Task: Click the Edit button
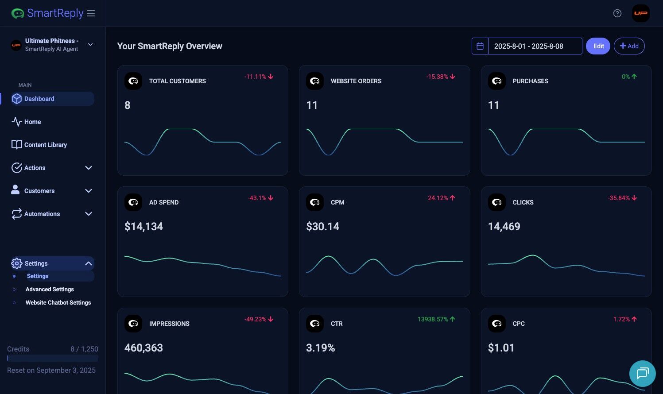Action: [x=598, y=46]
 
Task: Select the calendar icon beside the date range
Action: [x=480, y=46]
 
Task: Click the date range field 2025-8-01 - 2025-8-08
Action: [x=535, y=46]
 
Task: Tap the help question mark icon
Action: [x=617, y=13]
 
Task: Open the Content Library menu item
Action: [x=45, y=145]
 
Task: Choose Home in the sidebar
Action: [x=32, y=122]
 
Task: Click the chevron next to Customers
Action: [x=89, y=191]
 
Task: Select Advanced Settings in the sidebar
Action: [x=50, y=290]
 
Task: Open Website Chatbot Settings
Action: [x=58, y=303]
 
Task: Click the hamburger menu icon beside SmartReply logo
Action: [x=91, y=13]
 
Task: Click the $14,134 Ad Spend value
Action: [x=143, y=227]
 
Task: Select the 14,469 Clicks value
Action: [x=504, y=227]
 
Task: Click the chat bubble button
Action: [x=642, y=374]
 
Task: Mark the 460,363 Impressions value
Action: [x=143, y=348]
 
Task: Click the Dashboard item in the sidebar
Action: [x=39, y=99]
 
